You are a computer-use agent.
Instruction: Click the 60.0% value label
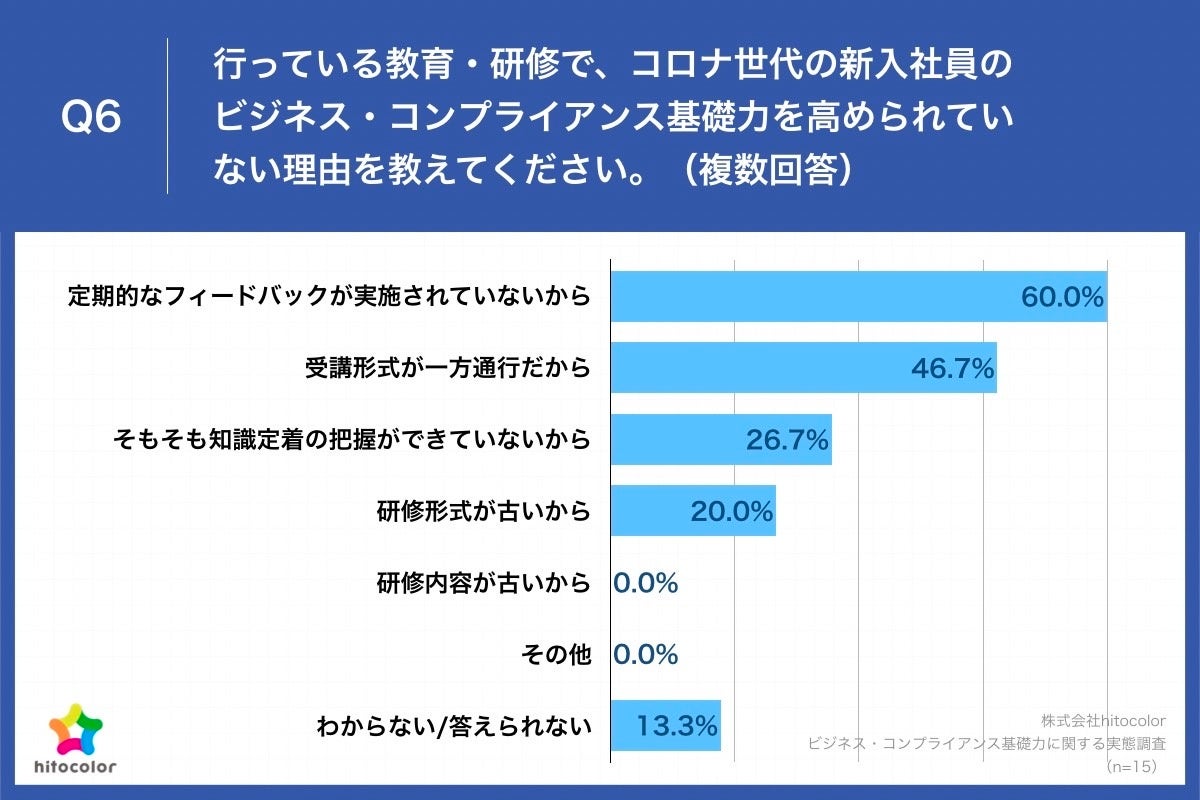pyautogui.click(x=1062, y=297)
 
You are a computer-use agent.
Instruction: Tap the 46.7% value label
pyautogui.click(x=952, y=369)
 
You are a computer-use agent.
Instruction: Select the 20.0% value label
pyautogui.click(x=732, y=512)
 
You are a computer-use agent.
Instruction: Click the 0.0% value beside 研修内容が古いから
pyautogui.click(x=646, y=583)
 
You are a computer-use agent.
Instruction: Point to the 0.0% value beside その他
pyautogui.click(x=646, y=655)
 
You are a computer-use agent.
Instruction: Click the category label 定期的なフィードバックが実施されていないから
pyautogui.click(x=329, y=297)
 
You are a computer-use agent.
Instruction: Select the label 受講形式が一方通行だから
pyautogui.click(x=447, y=369)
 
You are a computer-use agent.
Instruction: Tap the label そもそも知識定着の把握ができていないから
pyautogui.click(x=352, y=440)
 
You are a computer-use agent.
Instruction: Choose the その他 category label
pyautogui.click(x=556, y=655)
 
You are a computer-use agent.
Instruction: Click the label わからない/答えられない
pyautogui.click(x=453, y=726)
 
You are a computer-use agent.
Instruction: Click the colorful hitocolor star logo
pyautogui.click(x=76, y=730)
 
